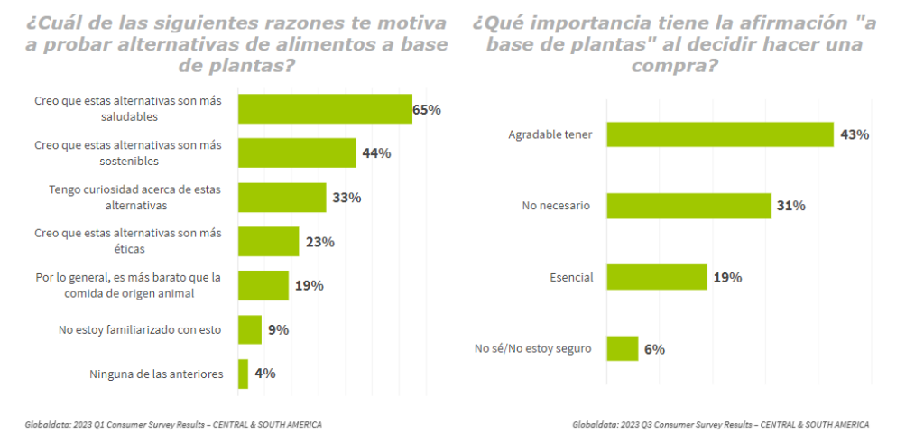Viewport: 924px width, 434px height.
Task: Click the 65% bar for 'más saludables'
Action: click(325, 108)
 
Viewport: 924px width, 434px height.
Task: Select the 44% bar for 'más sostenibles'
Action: click(296, 152)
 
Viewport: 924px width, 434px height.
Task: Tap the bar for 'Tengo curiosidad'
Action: click(282, 197)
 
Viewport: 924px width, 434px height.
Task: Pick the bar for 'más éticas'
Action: click(268, 241)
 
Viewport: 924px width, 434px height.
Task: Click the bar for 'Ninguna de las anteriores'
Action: click(243, 374)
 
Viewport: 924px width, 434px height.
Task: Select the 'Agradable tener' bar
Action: click(719, 134)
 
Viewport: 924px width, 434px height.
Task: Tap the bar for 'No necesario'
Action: click(688, 206)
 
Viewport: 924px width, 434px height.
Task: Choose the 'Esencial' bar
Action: click(656, 277)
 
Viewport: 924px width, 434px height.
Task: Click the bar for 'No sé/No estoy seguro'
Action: click(623, 348)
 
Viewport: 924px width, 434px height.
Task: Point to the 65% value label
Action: click(427, 109)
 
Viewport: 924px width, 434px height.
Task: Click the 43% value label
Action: click(855, 134)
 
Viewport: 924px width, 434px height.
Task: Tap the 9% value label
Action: click(278, 329)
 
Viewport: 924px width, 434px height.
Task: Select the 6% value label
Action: click(654, 348)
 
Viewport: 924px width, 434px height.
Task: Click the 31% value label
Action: click(790, 206)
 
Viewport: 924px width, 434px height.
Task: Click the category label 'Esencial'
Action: click(572, 277)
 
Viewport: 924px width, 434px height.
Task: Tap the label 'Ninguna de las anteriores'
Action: click(156, 374)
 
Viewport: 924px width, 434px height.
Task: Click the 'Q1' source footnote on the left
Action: click(173, 424)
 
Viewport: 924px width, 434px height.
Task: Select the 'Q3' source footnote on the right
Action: click(721, 424)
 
